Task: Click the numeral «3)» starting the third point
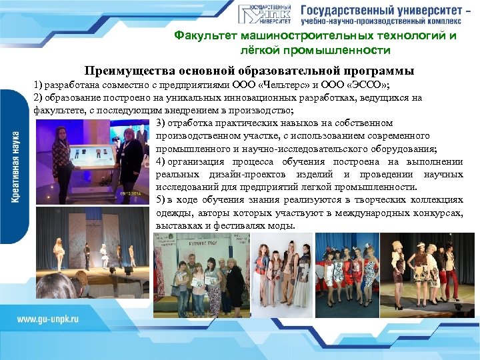pos(161,123)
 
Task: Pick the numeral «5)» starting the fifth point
pos(161,199)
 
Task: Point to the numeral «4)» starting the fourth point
pos(161,161)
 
